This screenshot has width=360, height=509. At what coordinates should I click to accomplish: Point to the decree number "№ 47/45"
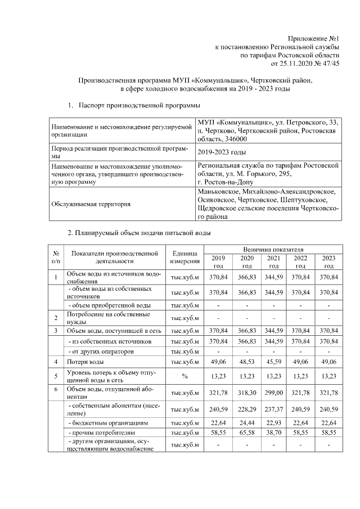326,65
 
